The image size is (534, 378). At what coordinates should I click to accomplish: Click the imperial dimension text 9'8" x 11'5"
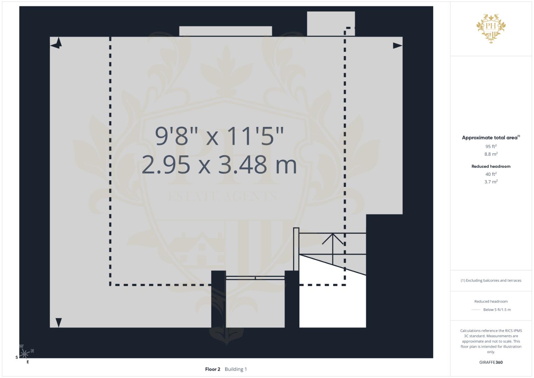point(219,136)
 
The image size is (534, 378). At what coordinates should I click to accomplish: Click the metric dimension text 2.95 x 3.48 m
point(219,164)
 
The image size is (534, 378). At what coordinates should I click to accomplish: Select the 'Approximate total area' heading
point(491,138)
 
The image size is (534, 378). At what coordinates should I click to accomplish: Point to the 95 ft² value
point(491,146)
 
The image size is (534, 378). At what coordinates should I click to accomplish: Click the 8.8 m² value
point(491,154)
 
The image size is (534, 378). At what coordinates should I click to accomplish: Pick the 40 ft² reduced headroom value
point(491,174)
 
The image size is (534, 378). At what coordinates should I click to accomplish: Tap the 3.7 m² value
point(491,182)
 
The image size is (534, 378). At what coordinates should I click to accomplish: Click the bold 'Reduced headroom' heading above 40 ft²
point(491,166)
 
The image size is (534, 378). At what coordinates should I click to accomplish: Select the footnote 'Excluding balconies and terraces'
point(493,280)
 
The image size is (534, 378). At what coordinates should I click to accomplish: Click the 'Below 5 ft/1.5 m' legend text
point(497,309)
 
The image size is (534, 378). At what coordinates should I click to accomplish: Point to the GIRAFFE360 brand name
point(491,362)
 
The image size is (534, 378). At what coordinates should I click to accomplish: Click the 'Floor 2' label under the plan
point(213,369)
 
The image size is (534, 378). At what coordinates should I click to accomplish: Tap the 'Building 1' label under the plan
point(236,369)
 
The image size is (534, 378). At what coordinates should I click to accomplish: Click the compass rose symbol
point(24,353)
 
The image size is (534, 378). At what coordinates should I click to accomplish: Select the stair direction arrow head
point(333,239)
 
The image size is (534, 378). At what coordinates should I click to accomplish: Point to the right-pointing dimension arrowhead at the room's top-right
point(398,45)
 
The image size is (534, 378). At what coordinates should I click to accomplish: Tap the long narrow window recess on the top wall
point(226,31)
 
